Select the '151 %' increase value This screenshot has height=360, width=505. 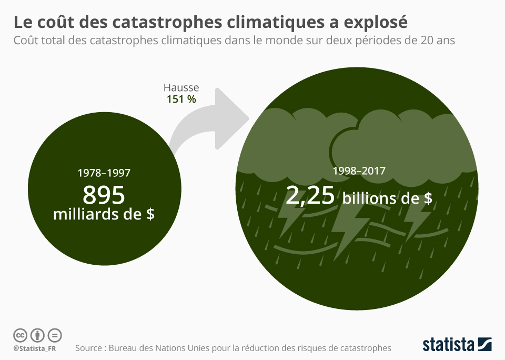(181, 99)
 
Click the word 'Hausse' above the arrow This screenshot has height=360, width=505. (181, 88)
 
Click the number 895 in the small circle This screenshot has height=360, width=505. (104, 195)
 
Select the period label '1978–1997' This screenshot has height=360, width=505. (104, 172)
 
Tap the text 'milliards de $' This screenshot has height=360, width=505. (104, 214)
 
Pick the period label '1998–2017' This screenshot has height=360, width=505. (359, 171)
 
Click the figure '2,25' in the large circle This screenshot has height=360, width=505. (310, 196)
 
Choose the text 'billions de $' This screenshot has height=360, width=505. (387, 198)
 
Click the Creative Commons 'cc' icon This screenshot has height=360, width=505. (20, 335)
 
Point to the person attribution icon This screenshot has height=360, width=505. (37, 335)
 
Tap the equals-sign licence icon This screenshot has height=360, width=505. (55, 335)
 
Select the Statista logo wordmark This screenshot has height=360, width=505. (448, 345)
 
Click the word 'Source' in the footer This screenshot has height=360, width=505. (91, 348)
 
